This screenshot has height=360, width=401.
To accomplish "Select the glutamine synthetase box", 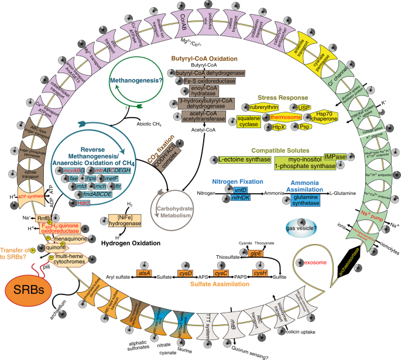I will [310, 201].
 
